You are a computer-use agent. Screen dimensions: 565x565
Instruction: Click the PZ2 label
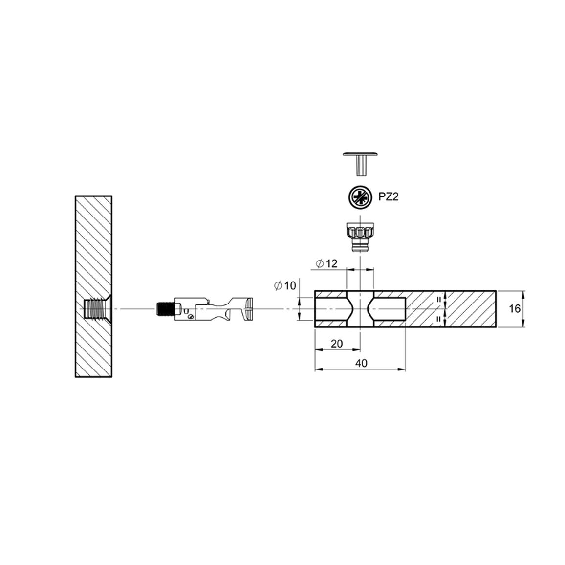click(x=389, y=197)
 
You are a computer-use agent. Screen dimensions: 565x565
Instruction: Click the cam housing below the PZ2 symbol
click(x=360, y=238)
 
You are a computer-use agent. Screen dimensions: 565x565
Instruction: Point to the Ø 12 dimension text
click(x=326, y=264)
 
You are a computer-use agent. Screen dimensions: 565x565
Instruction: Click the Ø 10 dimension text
click(x=284, y=286)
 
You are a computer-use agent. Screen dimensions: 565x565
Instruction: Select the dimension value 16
click(x=515, y=308)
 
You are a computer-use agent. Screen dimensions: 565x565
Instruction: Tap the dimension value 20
click(x=337, y=344)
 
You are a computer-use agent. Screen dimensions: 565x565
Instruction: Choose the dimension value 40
click(x=361, y=363)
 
